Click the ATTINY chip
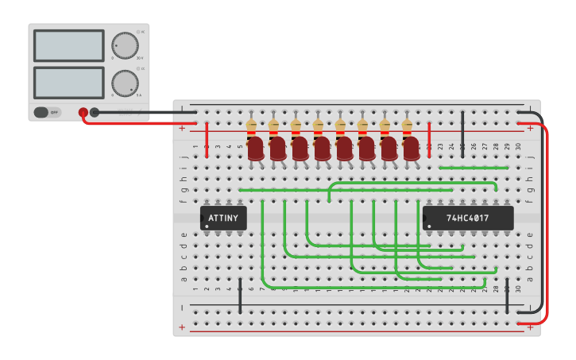click(x=223, y=218)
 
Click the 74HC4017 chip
click(x=467, y=218)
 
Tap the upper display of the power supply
click(x=68, y=46)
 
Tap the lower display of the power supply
click(x=68, y=83)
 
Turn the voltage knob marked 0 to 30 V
click(x=124, y=45)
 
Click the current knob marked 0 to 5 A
click(x=124, y=83)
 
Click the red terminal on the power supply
click(x=83, y=113)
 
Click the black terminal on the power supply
click(x=95, y=113)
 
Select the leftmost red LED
click(x=255, y=149)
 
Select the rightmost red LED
click(x=411, y=149)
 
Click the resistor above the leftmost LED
click(x=252, y=126)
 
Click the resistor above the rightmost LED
click(x=408, y=126)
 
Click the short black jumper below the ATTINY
click(x=240, y=295)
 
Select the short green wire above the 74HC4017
click(x=474, y=168)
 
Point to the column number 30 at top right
click(x=518, y=146)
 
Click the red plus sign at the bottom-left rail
click(x=183, y=327)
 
